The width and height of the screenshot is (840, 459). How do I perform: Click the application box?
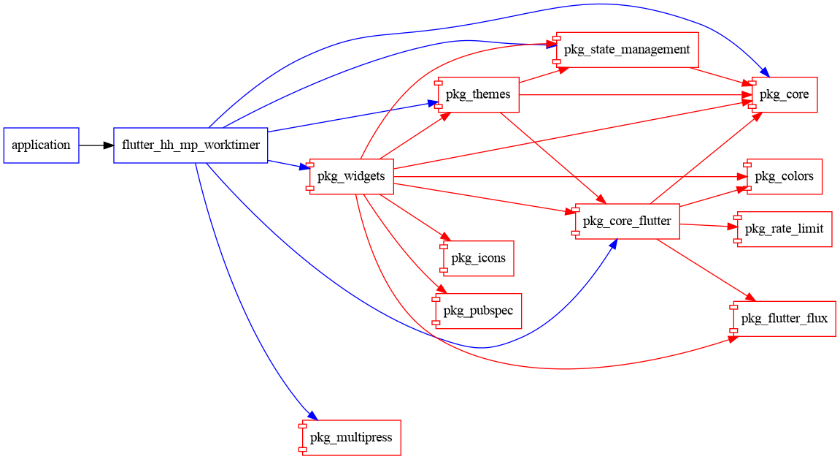(x=41, y=145)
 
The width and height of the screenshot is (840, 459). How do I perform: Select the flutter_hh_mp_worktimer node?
(x=190, y=145)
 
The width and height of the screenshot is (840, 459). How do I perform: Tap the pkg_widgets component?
(x=351, y=176)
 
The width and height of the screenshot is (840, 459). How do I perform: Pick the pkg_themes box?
(x=478, y=95)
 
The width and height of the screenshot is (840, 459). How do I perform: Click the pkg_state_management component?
(x=626, y=50)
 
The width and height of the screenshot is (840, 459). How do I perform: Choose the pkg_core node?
(x=784, y=94)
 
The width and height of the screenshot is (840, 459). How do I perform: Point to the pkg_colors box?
(x=784, y=176)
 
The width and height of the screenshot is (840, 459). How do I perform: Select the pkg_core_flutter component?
(x=627, y=221)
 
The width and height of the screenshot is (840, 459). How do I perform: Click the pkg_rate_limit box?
(x=784, y=229)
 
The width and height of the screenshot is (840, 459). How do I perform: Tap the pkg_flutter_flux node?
(x=784, y=319)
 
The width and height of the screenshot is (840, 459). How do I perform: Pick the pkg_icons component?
(x=478, y=258)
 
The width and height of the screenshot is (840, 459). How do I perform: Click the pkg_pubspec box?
(x=477, y=311)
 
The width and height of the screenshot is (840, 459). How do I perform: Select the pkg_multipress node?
(x=351, y=438)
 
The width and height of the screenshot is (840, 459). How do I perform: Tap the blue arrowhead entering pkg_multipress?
(x=312, y=416)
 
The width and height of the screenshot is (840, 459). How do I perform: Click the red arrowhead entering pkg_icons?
(x=444, y=236)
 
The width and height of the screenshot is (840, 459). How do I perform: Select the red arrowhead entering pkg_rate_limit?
(x=733, y=227)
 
